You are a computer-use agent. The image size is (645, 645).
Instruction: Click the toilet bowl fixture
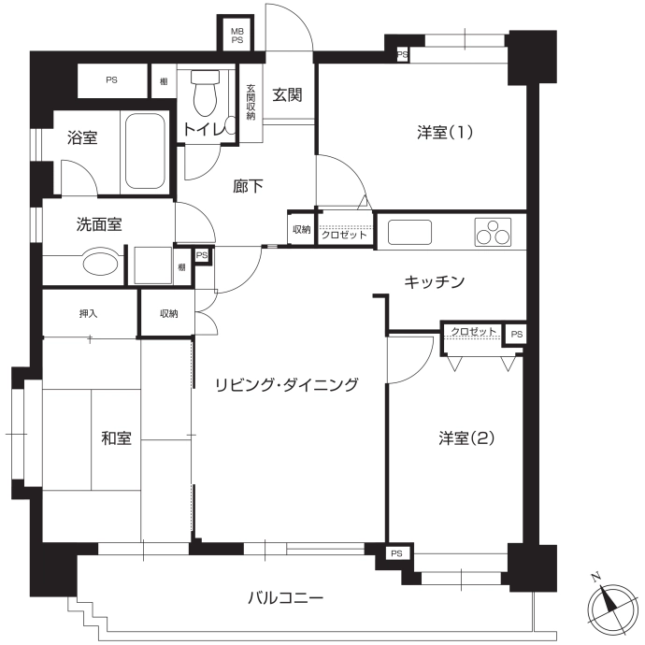(206, 93)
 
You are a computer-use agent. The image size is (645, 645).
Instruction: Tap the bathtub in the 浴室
(145, 150)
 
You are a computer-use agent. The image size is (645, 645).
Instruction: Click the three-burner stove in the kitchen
(493, 233)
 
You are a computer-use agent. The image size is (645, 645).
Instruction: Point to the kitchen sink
(409, 233)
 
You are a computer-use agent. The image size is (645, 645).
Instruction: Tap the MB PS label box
(236, 36)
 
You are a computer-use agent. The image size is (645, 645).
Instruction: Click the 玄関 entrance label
(287, 95)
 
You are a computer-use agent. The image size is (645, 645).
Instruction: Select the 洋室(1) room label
(445, 133)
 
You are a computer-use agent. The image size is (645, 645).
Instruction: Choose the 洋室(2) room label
(466, 438)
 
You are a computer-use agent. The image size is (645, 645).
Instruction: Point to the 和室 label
(117, 438)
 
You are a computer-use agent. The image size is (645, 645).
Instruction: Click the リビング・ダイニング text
(287, 384)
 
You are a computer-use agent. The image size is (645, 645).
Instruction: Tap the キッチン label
(435, 282)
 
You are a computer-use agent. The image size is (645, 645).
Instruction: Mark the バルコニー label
(286, 597)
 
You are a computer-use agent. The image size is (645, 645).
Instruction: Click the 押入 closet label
(89, 314)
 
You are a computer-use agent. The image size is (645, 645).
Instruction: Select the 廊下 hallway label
(248, 186)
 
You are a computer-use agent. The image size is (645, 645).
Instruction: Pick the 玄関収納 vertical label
(251, 102)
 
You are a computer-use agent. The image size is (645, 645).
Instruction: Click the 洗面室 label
(99, 224)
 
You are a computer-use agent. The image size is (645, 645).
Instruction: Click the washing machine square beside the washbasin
(153, 265)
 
